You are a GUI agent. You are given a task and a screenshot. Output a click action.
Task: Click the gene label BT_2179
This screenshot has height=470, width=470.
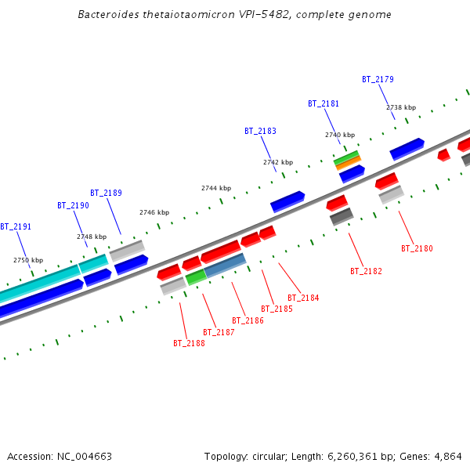(378, 79)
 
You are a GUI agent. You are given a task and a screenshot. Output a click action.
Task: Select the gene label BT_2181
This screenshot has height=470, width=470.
(324, 103)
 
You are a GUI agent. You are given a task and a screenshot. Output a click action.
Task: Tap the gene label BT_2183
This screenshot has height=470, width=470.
(260, 131)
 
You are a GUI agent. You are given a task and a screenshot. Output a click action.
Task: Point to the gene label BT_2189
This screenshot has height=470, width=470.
(106, 193)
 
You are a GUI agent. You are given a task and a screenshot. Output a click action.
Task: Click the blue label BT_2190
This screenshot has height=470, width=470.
(73, 205)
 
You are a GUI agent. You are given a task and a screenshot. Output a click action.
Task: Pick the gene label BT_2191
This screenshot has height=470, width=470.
(16, 226)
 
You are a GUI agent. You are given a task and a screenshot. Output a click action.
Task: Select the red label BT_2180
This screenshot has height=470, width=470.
(417, 248)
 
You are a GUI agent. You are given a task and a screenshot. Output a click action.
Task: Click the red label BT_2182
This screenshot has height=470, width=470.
(366, 271)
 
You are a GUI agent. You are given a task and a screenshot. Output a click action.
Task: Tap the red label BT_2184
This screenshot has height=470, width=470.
(303, 298)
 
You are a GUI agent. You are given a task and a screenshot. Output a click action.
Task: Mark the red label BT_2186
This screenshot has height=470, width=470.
(248, 320)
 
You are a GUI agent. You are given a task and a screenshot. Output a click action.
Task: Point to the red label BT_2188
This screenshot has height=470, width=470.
(189, 343)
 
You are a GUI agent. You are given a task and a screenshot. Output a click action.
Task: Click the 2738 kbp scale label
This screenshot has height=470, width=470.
(401, 107)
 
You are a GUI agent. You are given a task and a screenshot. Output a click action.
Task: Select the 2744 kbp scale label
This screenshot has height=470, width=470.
(216, 188)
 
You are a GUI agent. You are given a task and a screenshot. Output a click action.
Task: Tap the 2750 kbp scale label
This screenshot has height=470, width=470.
(28, 260)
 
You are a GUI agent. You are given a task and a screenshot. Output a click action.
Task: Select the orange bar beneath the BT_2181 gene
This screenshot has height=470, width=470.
(348, 162)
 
